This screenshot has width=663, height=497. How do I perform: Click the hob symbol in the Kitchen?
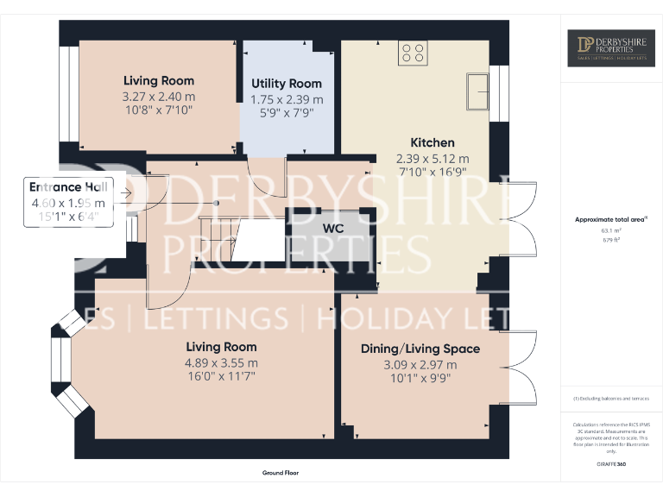[413, 53]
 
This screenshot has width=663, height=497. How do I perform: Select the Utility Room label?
[287, 84]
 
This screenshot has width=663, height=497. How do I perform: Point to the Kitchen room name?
[432, 142]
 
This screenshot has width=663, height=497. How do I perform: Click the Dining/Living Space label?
[420, 349]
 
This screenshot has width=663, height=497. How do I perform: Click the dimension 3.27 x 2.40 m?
[159, 97]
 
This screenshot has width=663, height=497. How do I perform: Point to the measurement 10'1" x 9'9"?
[420, 378]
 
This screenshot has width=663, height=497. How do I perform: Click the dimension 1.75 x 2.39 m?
[287, 99]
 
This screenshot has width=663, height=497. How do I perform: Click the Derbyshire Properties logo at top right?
[611, 48]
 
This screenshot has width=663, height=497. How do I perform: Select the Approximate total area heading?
[610, 220]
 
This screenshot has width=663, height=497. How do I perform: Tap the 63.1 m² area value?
[610, 231]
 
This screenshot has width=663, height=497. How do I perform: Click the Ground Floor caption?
[280, 473]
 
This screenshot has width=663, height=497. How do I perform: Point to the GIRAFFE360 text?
[611, 465]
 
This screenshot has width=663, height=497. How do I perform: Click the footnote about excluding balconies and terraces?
[610, 399]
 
